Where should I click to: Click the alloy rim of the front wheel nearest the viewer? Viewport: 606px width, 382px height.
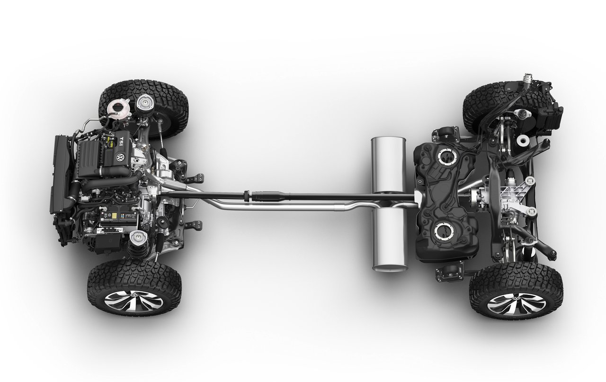(134, 301)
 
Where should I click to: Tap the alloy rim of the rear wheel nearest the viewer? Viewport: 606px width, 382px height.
(516, 303)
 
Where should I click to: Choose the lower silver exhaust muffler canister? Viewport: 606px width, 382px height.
(390, 242)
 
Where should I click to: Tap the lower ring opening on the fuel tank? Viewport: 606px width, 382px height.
(445, 231)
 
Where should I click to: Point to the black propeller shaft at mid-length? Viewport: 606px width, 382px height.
(308, 195)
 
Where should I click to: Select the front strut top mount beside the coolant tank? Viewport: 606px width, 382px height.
(144, 104)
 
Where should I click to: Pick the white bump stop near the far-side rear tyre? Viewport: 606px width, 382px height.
(523, 140)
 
